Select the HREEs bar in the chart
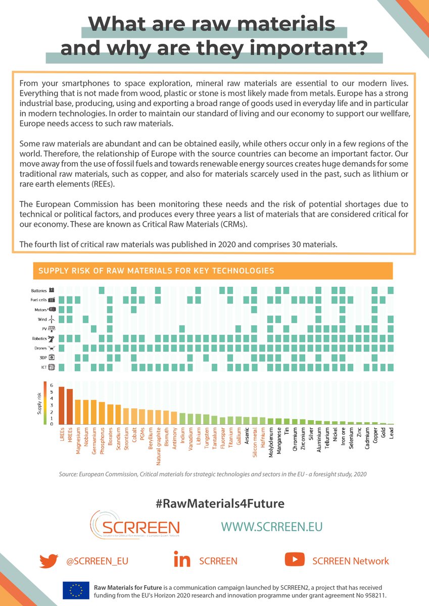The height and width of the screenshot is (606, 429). (70, 407)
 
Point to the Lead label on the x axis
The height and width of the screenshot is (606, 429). (392, 435)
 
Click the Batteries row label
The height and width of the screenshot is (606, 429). (39, 290)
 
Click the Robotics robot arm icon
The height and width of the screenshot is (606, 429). (51, 338)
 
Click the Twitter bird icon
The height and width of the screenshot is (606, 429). (49, 561)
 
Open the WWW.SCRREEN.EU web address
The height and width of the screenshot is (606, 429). (271, 526)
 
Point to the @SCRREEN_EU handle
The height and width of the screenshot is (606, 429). (93, 561)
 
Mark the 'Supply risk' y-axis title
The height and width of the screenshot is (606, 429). (38, 405)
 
